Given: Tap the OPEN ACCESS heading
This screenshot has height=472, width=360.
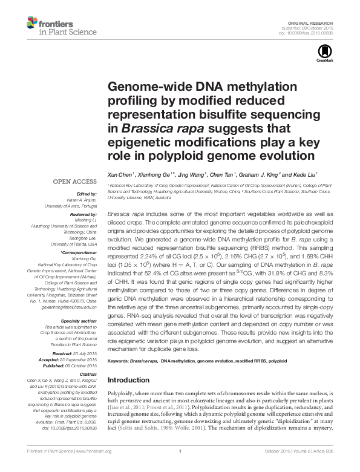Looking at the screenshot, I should (x=74, y=181).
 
